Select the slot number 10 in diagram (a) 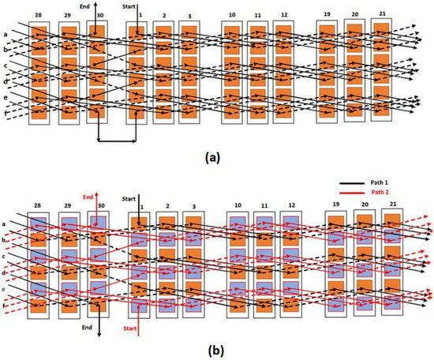point(231,15)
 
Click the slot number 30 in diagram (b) point(99,206)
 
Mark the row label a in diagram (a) point(6,34)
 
